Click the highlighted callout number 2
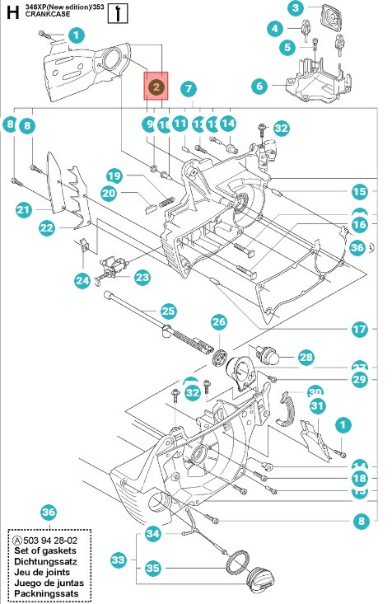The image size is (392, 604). pyautogui.click(x=156, y=85)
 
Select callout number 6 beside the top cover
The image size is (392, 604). pyautogui.click(x=259, y=85)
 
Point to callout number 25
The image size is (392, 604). pyautogui.click(x=168, y=311)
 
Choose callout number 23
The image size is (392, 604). pyautogui.click(x=142, y=278)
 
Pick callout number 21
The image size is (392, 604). pyautogui.click(x=23, y=211)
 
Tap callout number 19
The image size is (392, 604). pyautogui.click(x=114, y=176)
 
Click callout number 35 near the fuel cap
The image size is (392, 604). pyautogui.click(x=153, y=567)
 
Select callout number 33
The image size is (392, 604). pyautogui.click(x=119, y=560)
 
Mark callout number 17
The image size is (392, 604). pyautogui.click(x=359, y=328)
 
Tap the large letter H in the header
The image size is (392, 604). pyautogui.click(x=12, y=12)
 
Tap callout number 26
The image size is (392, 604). pyautogui.click(x=218, y=321)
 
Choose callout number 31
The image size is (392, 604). pyautogui.click(x=317, y=405)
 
